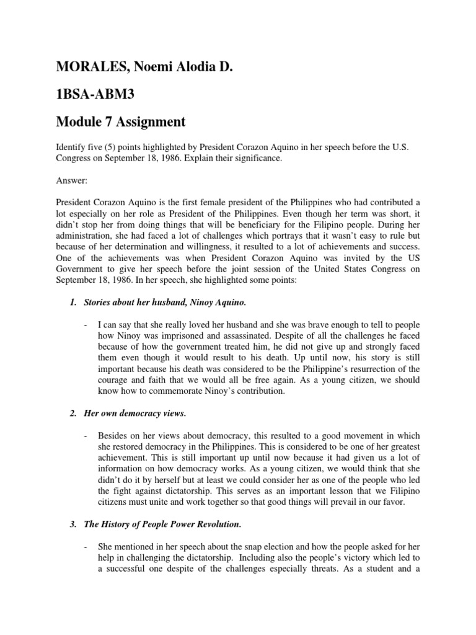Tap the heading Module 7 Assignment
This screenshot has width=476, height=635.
(121, 122)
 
